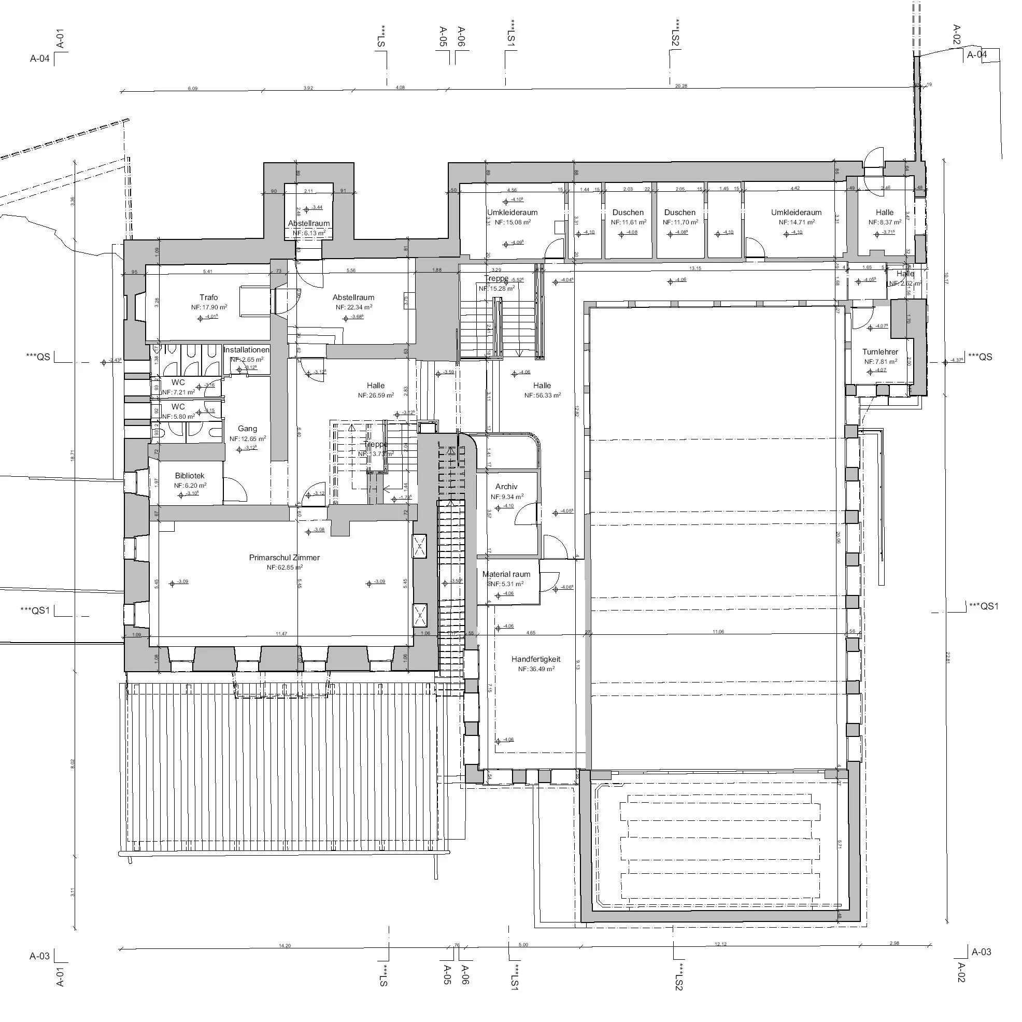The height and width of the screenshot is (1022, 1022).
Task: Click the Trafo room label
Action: point(209,298)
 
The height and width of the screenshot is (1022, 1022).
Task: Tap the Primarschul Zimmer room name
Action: point(285,558)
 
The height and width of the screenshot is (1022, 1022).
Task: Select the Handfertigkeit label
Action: point(536,660)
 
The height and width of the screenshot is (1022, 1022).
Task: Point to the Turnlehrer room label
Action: point(880,352)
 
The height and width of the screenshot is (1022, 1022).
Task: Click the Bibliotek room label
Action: point(189,476)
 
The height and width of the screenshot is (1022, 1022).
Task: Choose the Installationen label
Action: point(247,350)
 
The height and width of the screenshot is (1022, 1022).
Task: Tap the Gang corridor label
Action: point(248,429)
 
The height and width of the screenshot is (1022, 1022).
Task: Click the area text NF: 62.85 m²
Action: point(285,567)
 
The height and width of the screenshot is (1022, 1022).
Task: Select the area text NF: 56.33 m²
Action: point(542,395)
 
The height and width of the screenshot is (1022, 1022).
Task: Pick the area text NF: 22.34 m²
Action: point(353,307)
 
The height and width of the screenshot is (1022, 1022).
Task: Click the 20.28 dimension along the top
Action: point(682,86)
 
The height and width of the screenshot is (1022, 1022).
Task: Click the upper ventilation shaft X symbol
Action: point(419,545)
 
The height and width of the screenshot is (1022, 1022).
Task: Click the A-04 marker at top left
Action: point(40,59)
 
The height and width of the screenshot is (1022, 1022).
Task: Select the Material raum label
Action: point(506,574)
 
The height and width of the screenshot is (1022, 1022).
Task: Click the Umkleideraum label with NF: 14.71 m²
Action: point(796,212)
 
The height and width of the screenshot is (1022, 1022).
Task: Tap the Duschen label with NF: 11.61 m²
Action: point(628,212)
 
